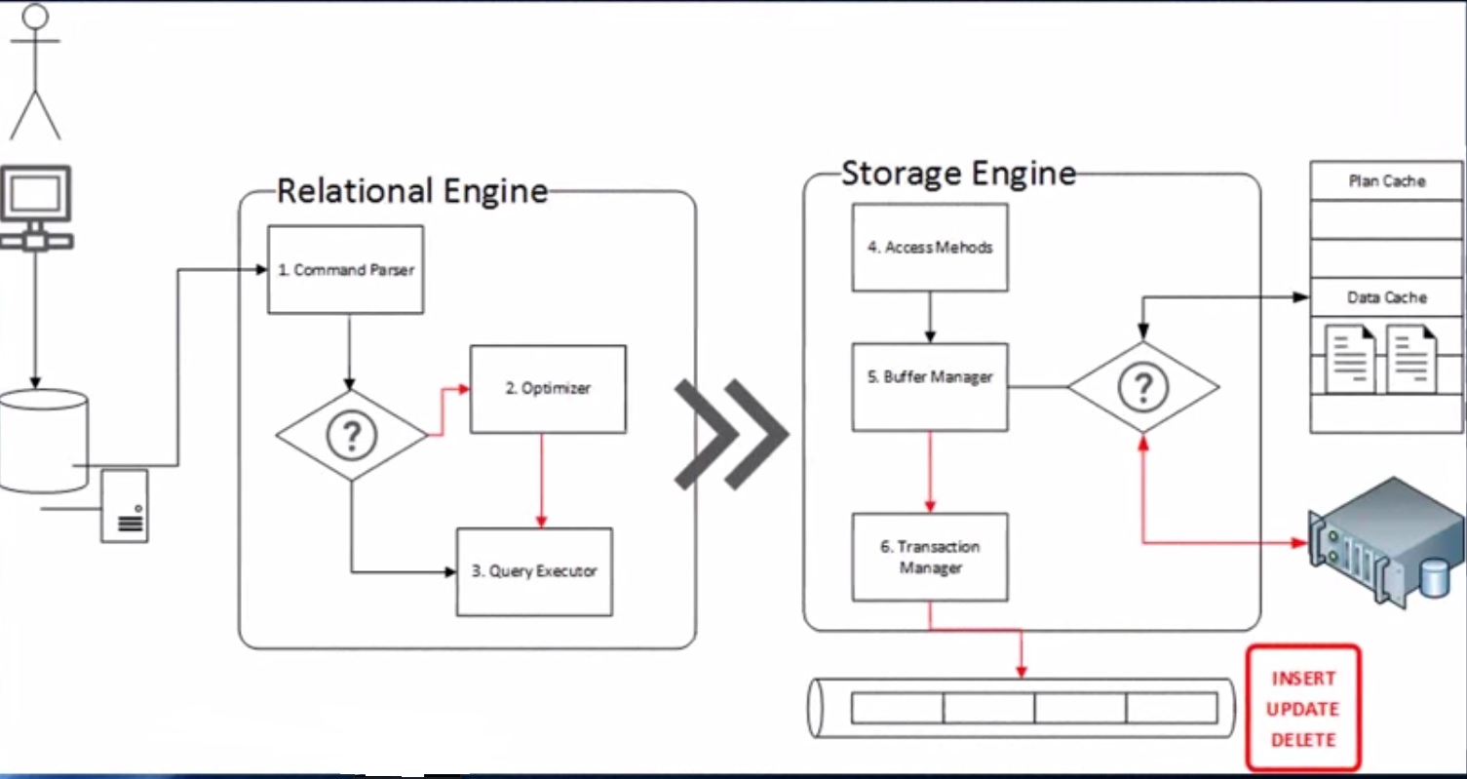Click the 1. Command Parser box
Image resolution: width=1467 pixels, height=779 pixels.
[345, 270]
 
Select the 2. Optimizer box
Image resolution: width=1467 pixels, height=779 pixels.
[548, 388]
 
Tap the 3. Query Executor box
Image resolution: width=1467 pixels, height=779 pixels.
[534, 571]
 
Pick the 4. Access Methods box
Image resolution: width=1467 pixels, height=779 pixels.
[930, 248]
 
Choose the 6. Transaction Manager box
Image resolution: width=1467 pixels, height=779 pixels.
[930, 557]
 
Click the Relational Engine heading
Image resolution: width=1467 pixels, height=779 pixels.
[411, 191]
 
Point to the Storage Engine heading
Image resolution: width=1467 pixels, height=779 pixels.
[958, 174]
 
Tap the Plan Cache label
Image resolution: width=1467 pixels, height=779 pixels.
[1386, 181]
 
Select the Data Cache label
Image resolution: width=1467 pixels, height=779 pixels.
[1386, 297]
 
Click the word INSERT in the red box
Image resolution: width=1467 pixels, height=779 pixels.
[1302, 679]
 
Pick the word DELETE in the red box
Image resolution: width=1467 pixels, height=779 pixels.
[1302, 739]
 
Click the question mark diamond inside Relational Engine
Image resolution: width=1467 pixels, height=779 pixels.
[351, 436]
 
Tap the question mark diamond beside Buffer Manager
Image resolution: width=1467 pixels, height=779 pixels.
[1142, 388]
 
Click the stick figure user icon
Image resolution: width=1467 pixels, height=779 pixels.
[35, 73]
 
